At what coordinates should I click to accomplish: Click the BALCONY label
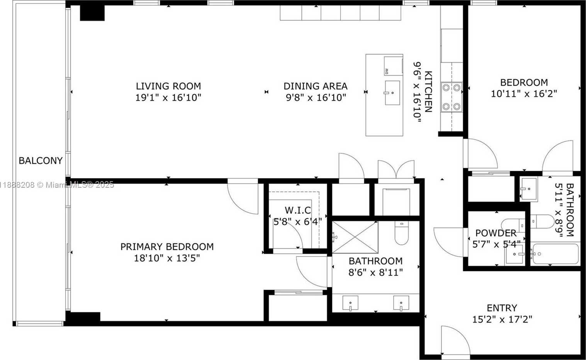coord(41,160)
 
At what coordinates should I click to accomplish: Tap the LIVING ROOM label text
coord(168,86)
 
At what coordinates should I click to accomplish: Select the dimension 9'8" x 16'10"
coord(316,98)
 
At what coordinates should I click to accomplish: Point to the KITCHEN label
coord(428,92)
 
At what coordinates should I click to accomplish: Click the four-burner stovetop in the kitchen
coord(452,97)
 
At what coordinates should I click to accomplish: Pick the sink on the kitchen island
coord(392,93)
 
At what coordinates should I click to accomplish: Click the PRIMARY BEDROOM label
coord(167,247)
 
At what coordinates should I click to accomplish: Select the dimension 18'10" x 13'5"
coord(167,258)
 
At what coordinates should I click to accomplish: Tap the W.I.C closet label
coord(298,210)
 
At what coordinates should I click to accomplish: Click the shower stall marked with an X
coord(355,237)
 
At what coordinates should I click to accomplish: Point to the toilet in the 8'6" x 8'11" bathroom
coord(401,233)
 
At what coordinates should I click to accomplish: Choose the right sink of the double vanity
coord(401,303)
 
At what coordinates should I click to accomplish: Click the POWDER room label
coord(496,233)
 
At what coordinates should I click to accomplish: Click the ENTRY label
coord(502,308)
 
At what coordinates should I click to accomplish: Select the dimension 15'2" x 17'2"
coord(502,319)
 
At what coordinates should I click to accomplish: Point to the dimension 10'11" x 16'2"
coord(524,93)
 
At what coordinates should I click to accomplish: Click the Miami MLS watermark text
coord(57,185)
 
